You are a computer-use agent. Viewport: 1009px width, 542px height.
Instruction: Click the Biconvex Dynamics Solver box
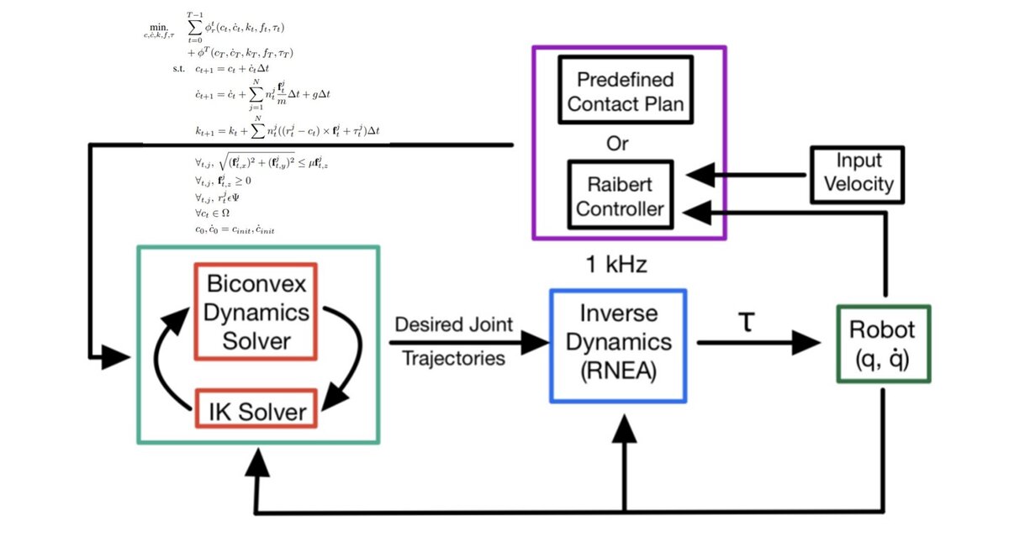click(255, 310)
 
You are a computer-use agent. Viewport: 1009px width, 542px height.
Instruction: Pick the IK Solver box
click(255, 409)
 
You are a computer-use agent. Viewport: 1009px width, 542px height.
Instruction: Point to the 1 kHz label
click(616, 264)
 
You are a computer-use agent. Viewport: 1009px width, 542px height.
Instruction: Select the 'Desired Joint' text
click(452, 325)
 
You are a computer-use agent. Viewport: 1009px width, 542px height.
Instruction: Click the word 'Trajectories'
click(454, 359)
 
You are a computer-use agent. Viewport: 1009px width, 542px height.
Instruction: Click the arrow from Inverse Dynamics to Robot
click(757, 342)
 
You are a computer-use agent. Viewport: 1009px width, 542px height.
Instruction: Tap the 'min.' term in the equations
click(157, 27)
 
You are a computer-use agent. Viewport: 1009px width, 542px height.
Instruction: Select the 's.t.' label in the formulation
click(178, 68)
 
